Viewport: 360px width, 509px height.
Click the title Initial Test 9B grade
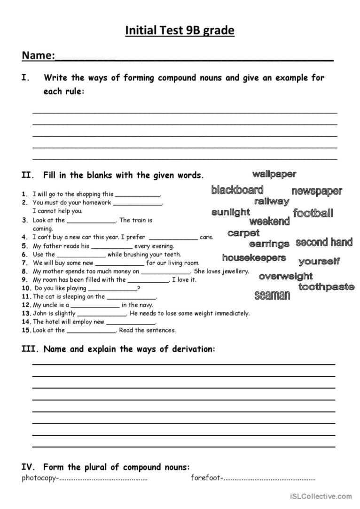(x=180, y=31)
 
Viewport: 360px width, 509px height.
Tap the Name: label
(x=38, y=56)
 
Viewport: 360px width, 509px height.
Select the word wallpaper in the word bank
(x=274, y=174)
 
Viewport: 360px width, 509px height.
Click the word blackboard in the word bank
(x=237, y=190)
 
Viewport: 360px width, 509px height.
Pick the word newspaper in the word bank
(x=317, y=191)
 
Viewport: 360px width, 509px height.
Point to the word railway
(x=272, y=201)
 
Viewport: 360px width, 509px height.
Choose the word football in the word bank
(x=313, y=214)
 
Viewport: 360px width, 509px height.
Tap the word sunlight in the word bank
(x=231, y=212)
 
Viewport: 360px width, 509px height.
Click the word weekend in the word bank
(x=269, y=222)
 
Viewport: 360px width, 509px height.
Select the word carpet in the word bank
(x=243, y=233)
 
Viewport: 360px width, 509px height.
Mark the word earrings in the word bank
(x=269, y=244)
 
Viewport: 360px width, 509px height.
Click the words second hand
(x=324, y=243)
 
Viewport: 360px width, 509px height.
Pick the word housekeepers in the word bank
(x=254, y=258)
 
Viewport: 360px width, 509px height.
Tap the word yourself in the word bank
(x=319, y=262)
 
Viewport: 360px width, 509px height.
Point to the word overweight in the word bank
(x=285, y=277)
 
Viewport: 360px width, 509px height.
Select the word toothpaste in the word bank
(x=326, y=287)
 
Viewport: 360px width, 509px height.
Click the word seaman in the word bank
(x=272, y=295)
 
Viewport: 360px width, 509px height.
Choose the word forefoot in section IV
(x=205, y=478)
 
